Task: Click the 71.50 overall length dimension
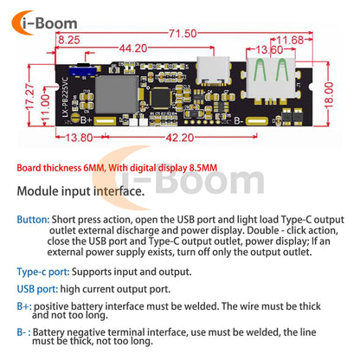[x=183, y=34]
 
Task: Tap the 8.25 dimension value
[x=69, y=40]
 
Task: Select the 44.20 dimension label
[x=133, y=48]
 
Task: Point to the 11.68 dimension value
[x=290, y=40]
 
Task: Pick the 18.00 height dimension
[x=329, y=95]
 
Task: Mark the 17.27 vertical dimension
[x=29, y=97]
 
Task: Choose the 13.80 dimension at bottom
[x=79, y=138]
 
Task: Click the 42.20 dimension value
[x=180, y=138]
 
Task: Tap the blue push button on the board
[x=82, y=70]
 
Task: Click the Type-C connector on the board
[x=213, y=71]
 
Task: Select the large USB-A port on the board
[x=271, y=80]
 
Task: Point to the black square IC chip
[x=160, y=97]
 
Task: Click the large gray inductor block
[x=117, y=94]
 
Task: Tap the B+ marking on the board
[x=86, y=119]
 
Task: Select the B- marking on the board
[x=238, y=121]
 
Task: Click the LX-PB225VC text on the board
[x=66, y=97]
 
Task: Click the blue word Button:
[x=34, y=220]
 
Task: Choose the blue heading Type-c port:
[x=43, y=272]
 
